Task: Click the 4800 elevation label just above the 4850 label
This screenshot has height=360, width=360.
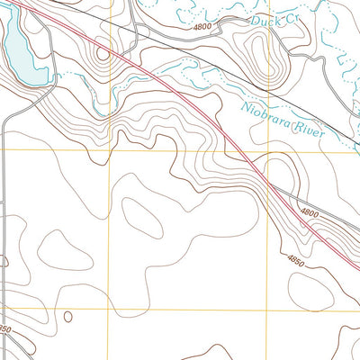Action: click(x=310, y=214)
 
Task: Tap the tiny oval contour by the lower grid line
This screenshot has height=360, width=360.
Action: click(x=67, y=316)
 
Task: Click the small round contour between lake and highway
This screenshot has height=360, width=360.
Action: click(x=102, y=53)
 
